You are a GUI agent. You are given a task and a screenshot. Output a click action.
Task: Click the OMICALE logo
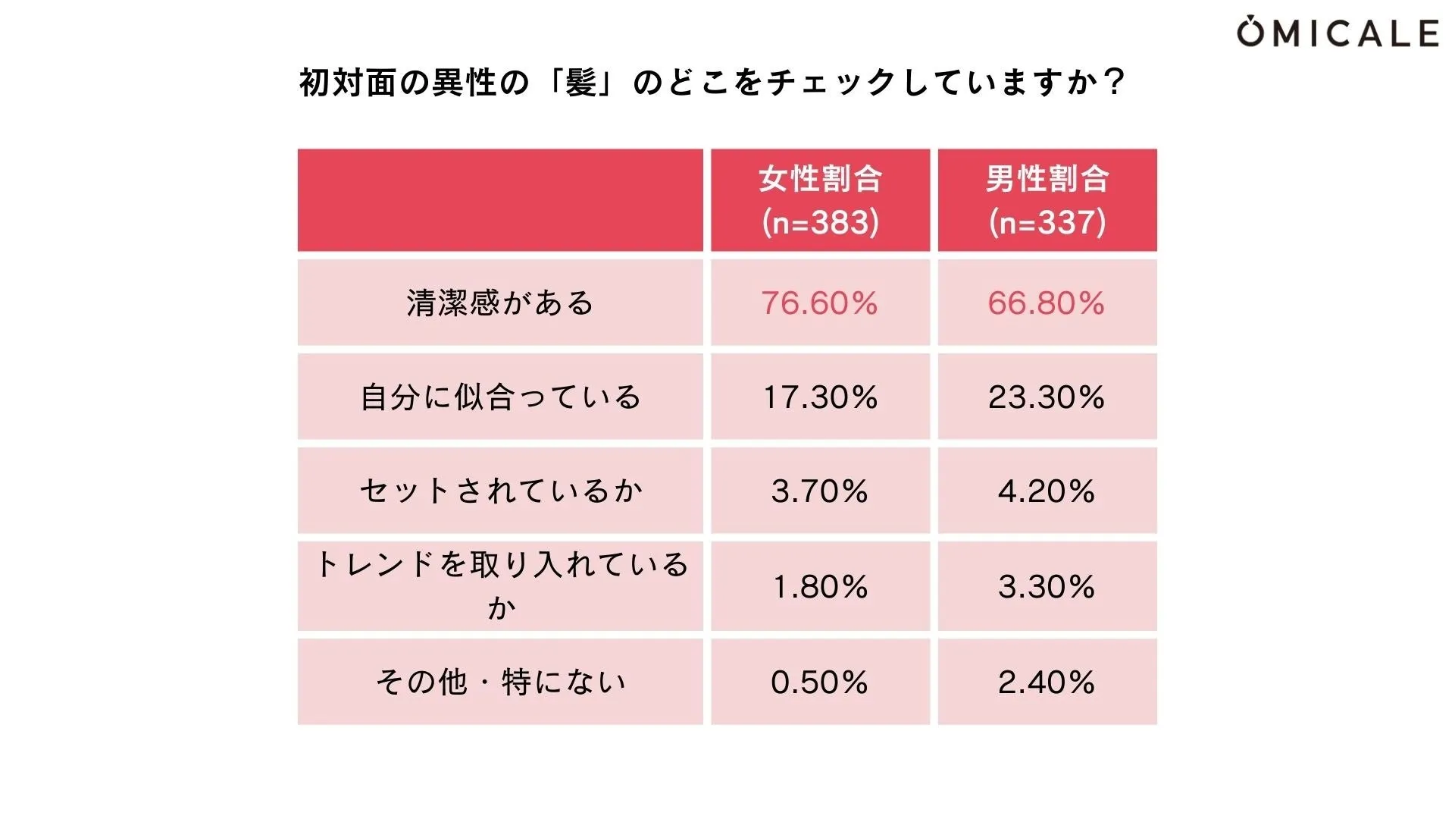1338,33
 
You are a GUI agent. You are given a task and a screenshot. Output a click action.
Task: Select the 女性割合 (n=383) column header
820,200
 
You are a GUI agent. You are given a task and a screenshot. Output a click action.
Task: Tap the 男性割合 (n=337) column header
1047,200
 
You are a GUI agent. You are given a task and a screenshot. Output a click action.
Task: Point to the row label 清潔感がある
500,303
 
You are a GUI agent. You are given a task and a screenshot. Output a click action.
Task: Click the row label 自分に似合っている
500,397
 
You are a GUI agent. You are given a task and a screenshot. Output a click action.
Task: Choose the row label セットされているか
500,491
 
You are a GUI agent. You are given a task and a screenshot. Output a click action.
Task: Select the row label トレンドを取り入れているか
500,585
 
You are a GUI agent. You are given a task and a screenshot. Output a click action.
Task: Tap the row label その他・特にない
500,682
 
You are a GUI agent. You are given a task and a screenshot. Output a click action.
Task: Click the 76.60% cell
820,303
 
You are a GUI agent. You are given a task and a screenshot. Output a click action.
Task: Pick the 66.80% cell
1047,303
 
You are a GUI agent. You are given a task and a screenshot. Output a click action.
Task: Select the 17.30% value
820,397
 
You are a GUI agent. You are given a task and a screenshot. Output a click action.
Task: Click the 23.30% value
1047,397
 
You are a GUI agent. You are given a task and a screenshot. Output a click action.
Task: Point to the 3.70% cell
820,491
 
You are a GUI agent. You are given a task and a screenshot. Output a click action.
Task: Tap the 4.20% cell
1047,491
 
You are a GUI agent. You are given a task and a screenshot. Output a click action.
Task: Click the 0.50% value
820,682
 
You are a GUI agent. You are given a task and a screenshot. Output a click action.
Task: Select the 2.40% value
1047,682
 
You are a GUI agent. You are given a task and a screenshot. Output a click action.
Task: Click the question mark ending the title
1113,82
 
